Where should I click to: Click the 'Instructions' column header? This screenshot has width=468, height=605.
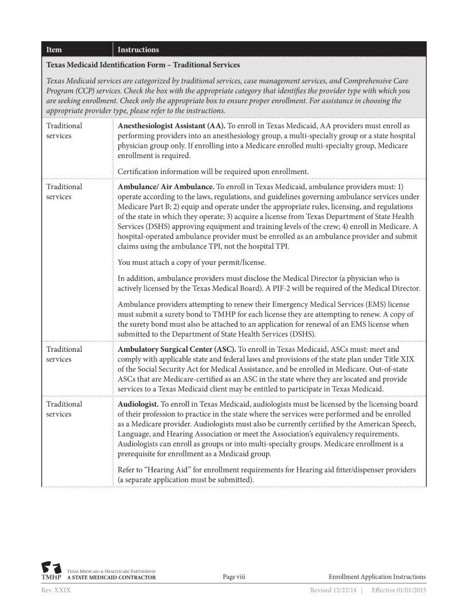pyautogui.click(x=138, y=50)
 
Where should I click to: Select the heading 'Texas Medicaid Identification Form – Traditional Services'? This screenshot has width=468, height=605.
pyautogui.click(x=143, y=65)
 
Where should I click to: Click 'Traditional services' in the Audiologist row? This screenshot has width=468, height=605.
pyautogui.click(x=64, y=409)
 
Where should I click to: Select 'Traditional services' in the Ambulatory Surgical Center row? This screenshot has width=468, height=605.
pyautogui.click(x=64, y=354)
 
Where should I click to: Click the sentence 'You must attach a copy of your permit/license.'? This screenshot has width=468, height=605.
pyautogui.click(x=192, y=263)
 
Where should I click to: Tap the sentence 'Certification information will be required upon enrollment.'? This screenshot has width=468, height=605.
pyautogui.click(x=213, y=171)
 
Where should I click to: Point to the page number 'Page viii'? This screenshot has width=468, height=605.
pyautogui.click(x=233, y=577)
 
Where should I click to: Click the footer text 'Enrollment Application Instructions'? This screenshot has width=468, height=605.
pyautogui.click(x=377, y=577)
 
